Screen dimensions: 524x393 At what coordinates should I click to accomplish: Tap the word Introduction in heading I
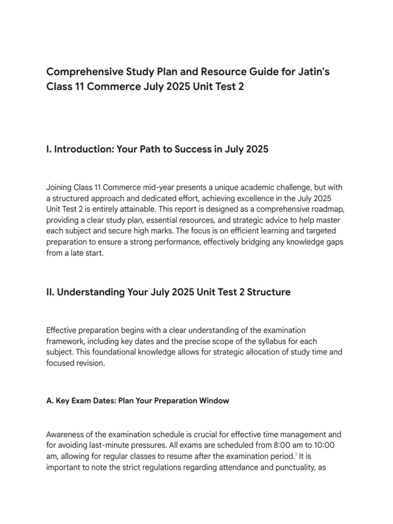pyautogui.click(x=85, y=150)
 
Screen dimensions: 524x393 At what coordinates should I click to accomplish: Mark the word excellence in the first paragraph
pyautogui.click(x=256, y=199)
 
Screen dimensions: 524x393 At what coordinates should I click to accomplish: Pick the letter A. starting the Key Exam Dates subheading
pyautogui.click(x=50, y=401)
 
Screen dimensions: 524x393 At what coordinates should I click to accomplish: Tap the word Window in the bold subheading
pyautogui.click(x=215, y=401)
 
